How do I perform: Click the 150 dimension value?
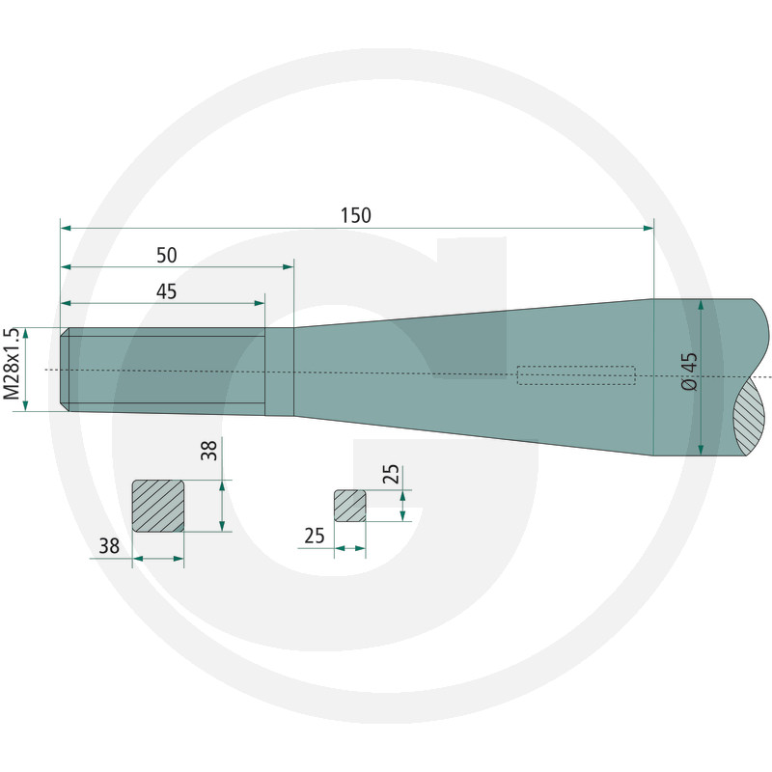click(356, 215)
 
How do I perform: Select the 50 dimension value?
click(166, 255)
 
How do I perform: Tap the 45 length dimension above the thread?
click(166, 291)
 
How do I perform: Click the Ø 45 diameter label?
click(690, 372)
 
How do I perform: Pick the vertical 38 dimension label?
click(208, 451)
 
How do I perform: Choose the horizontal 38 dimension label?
click(109, 546)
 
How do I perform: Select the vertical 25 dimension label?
click(392, 475)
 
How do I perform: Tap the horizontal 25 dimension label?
click(315, 536)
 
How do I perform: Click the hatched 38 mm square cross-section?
click(158, 506)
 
